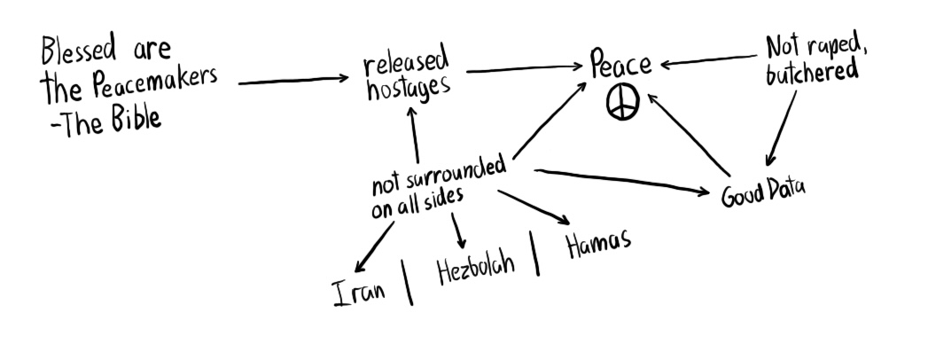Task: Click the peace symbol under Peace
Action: click(622, 104)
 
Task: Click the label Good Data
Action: click(762, 192)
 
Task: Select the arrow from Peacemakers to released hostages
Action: click(293, 81)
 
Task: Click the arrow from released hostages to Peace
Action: click(523, 67)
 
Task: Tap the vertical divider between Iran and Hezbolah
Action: click(409, 283)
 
